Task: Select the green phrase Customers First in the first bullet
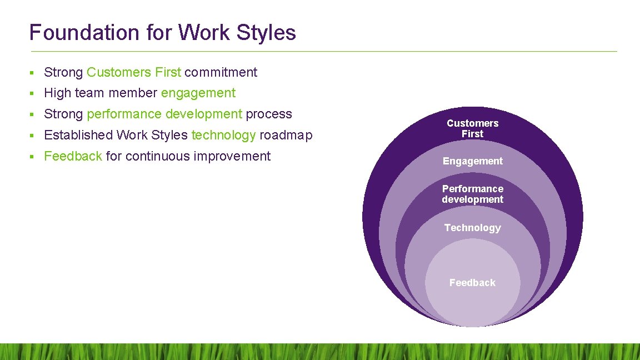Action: pyautogui.click(x=134, y=72)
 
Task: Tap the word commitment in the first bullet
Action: pyautogui.click(x=221, y=72)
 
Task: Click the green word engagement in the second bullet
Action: pyautogui.click(x=198, y=93)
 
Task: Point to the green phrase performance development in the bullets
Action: pyautogui.click(x=164, y=114)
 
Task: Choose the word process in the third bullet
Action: pyautogui.click(x=269, y=114)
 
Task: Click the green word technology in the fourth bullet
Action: pyautogui.click(x=223, y=136)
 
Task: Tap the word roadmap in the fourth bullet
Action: pyautogui.click(x=286, y=136)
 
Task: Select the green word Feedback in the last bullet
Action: pyautogui.click(x=73, y=157)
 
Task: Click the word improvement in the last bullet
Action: pyautogui.click(x=232, y=157)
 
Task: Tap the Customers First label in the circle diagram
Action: pyautogui.click(x=472, y=128)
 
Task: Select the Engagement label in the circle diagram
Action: pyautogui.click(x=472, y=161)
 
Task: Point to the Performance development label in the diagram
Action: pyautogui.click(x=472, y=194)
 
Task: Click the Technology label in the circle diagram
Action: pyautogui.click(x=472, y=228)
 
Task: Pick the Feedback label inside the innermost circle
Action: pyautogui.click(x=472, y=283)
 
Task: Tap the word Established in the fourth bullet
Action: pyautogui.click(x=78, y=136)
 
